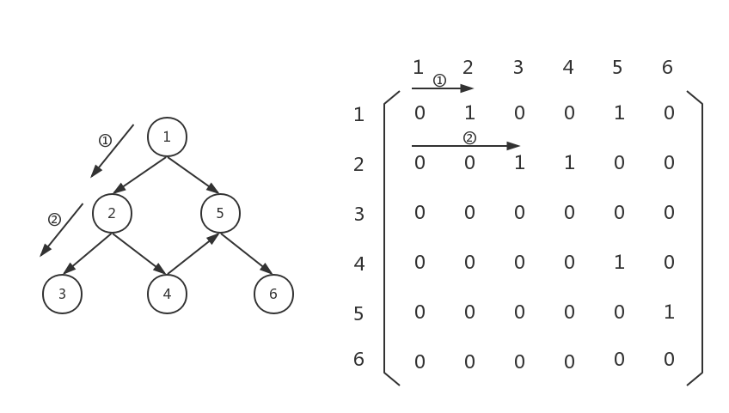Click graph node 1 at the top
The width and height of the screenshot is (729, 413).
coord(167,137)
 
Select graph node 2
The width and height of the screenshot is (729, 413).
coord(112,213)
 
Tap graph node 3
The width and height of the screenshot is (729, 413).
coord(62,295)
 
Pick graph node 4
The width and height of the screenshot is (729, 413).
coord(167,295)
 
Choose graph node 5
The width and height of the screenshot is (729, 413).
coord(220,213)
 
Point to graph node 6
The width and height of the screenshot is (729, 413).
coord(273,295)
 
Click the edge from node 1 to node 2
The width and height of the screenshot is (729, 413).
coord(140,174)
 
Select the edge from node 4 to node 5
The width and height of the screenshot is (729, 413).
coord(193,254)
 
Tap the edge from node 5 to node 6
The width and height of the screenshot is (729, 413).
coord(246,253)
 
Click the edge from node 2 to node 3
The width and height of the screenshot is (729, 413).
coord(87,253)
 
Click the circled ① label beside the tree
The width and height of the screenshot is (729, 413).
coord(105,140)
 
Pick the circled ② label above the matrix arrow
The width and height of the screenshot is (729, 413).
coord(469,138)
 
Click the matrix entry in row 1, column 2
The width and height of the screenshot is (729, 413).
coord(469,112)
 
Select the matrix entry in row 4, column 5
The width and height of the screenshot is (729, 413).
coord(619,262)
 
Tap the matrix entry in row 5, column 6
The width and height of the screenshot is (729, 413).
coord(669,312)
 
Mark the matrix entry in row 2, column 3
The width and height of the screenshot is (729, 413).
coord(519,162)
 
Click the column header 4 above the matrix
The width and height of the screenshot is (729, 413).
coord(568,67)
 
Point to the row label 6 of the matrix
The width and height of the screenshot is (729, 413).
coord(359,359)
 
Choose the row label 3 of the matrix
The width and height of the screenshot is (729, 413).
coord(359,214)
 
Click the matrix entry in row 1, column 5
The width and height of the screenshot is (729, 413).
coord(619,112)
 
